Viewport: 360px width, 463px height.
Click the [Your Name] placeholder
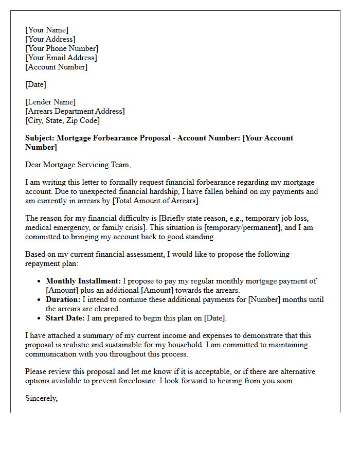coord(47,30)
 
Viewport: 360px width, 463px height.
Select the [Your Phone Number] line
coord(62,48)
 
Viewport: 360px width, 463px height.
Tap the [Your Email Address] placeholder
coord(61,58)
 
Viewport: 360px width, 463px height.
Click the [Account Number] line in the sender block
coord(57,67)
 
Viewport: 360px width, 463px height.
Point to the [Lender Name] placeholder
coord(50,102)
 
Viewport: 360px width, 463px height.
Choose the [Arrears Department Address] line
coord(75,111)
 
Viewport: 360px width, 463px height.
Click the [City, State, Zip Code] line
coord(63,120)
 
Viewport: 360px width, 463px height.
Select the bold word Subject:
coord(40,138)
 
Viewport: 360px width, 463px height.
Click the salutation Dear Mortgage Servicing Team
coord(78,165)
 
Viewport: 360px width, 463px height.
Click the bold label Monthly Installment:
coord(83,281)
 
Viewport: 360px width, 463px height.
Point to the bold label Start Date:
coord(66,318)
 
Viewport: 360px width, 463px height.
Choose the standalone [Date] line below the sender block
coord(35,84)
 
